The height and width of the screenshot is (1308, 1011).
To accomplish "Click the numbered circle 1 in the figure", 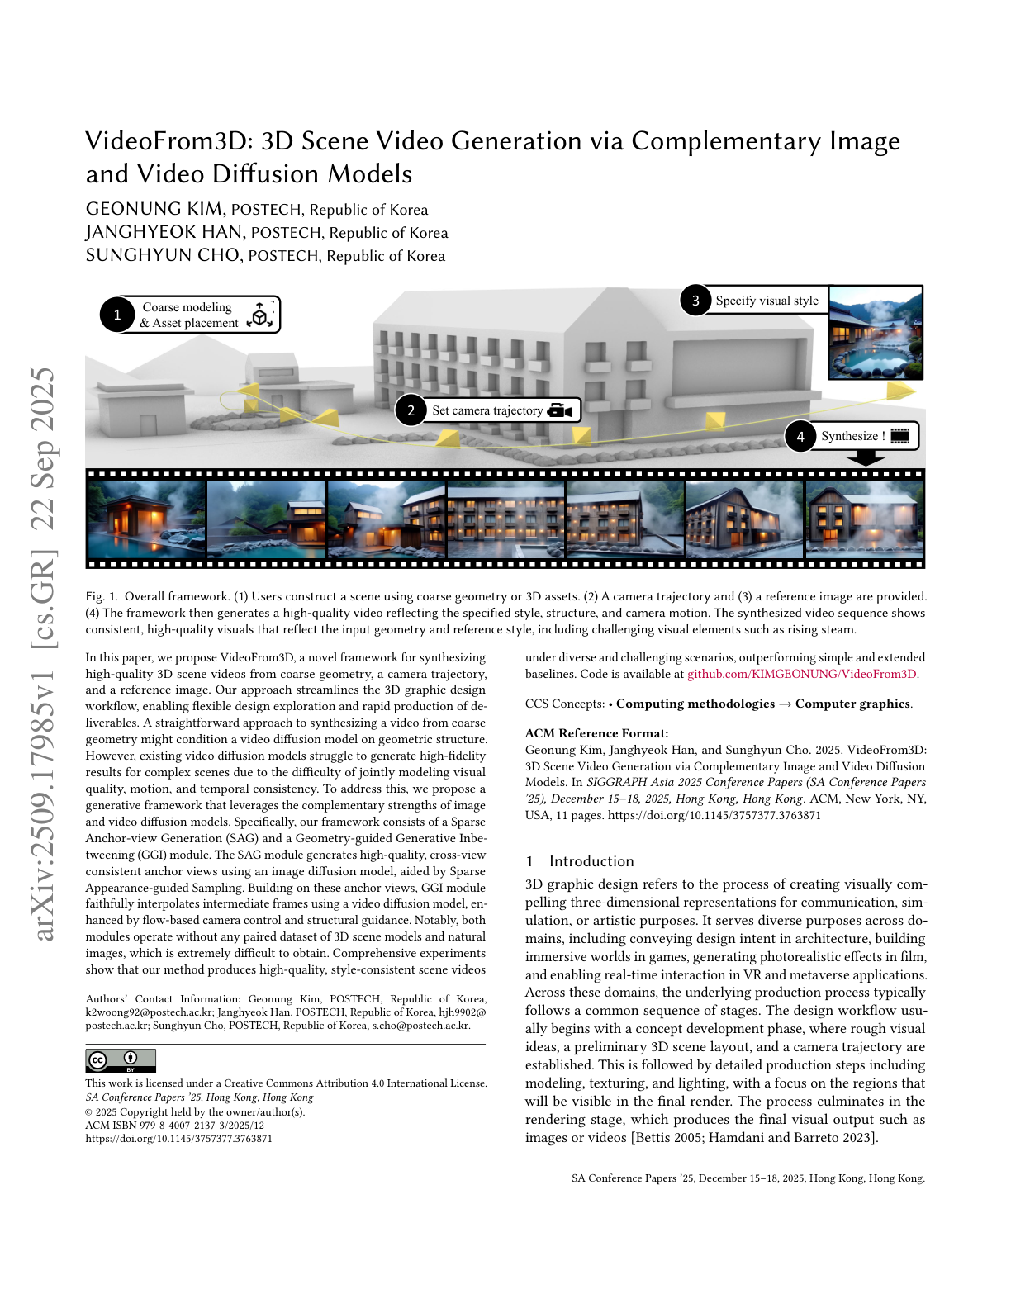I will [117, 315].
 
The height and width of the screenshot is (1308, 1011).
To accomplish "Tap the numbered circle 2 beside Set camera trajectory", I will [411, 410].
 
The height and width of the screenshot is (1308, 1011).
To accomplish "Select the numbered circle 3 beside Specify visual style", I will [695, 301].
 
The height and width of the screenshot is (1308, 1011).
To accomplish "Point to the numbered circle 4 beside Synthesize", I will [800, 437].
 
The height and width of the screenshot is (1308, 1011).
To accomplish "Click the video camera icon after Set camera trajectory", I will [560, 410].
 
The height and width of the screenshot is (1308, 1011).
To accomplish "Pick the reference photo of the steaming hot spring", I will [875, 333].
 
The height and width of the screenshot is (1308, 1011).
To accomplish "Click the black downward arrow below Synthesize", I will [866, 458].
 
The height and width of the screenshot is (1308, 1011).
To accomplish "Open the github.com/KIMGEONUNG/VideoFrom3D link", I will [801, 674].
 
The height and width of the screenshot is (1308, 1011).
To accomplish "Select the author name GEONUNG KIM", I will [154, 209].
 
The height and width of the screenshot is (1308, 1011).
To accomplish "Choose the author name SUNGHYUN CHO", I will [163, 255].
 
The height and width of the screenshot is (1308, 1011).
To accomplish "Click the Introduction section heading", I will [591, 861].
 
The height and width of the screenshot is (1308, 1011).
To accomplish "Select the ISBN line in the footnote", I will [174, 1125].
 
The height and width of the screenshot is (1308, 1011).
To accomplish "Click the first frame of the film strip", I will [145, 519].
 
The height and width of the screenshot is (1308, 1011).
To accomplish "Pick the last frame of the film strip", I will [864, 519].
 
